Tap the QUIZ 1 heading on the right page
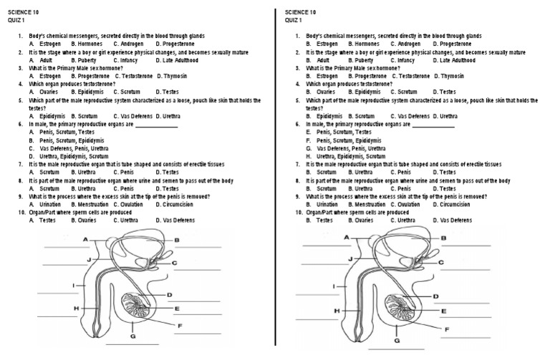click(x=293, y=20)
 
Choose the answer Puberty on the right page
click(x=362, y=60)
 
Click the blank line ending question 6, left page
click(x=156, y=126)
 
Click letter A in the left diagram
click(x=85, y=238)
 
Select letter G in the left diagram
click(x=133, y=335)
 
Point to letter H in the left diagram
click(x=75, y=308)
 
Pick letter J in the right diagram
click(x=349, y=258)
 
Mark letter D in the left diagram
click(x=170, y=294)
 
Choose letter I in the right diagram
click(x=335, y=286)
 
